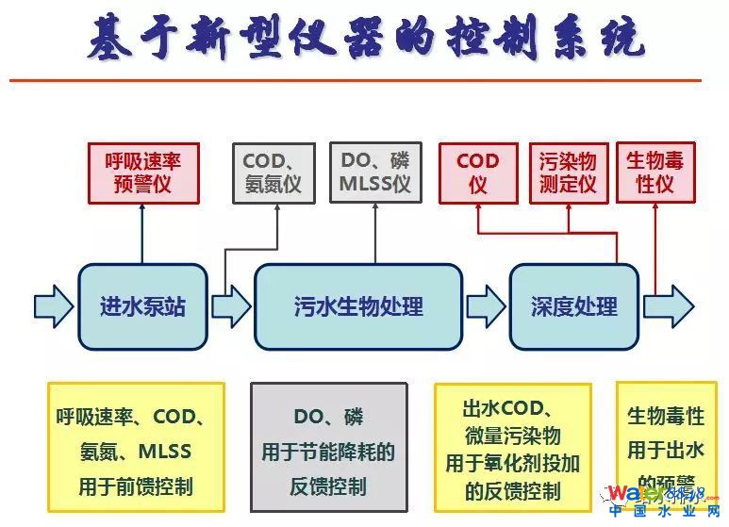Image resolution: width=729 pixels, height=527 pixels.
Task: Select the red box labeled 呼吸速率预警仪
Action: [x=142, y=173]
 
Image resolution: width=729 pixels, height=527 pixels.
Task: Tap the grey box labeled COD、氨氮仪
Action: [x=272, y=173]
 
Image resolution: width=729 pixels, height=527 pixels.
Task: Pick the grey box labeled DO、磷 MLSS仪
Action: [x=374, y=173]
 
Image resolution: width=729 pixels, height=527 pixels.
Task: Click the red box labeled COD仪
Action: [x=477, y=173]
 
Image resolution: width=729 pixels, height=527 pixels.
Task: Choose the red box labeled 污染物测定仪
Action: [x=568, y=173]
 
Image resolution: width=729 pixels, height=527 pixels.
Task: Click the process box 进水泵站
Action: [x=142, y=306]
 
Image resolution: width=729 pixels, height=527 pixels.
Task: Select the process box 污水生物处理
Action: [x=358, y=306]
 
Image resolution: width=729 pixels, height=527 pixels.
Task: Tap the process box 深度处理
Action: [x=574, y=306]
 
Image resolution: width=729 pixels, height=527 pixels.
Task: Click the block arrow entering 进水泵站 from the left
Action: [x=53, y=306]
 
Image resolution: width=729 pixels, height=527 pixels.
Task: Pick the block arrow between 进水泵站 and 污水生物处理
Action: [x=231, y=306]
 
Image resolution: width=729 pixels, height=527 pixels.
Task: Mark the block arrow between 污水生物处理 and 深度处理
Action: [x=486, y=306]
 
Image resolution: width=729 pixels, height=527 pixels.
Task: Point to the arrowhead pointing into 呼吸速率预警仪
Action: [x=142, y=209]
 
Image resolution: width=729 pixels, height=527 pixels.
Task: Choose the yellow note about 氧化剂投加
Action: [x=512, y=450]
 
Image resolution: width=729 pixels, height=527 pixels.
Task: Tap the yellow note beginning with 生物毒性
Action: [x=665, y=438]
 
